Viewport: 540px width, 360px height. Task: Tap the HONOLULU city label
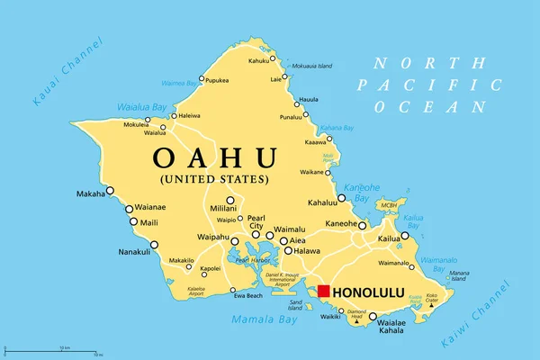370,293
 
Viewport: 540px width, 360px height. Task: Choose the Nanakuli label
135,252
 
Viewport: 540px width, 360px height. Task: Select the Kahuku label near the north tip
259,61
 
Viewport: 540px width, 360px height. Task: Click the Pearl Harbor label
253,260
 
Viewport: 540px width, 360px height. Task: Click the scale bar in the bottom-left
55,350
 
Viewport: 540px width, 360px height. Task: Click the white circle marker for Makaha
111,190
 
